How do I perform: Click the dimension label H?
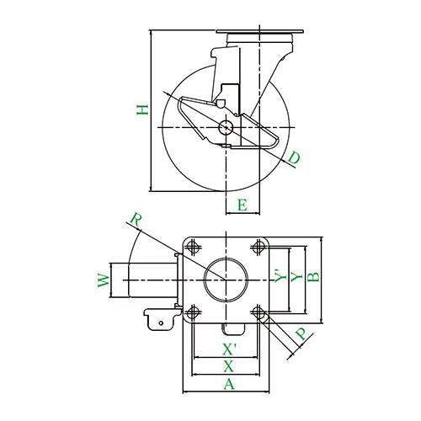[142, 109]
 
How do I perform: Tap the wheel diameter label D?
[294, 157]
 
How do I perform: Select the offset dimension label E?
[242, 205]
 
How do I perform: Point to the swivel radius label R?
[136, 221]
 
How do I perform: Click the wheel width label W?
[104, 280]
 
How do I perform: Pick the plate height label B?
[313, 277]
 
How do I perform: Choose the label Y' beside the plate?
[280, 276]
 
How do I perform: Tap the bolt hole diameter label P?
[301, 334]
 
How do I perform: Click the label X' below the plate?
[230, 349]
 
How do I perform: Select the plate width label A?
[229, 384]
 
